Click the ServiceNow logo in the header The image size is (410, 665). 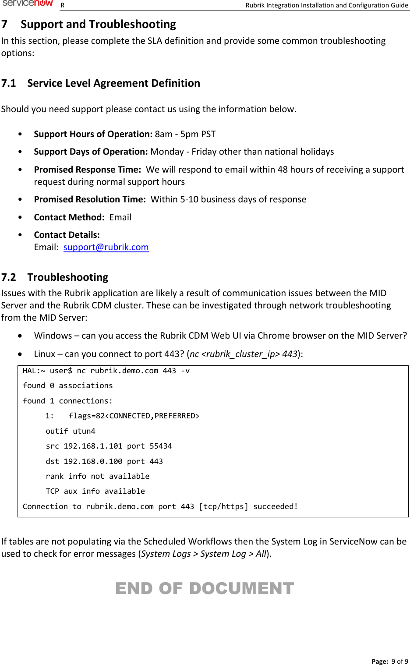pyautogui.click(x=28, y=4)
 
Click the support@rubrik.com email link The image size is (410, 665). pyautogui.click(x=106, y=247)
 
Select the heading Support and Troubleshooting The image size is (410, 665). pyautogui.click(x=98, y=24)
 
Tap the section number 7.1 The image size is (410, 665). pyautogui.click(x=8, y=83)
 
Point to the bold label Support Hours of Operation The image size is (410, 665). pyautogui.click(x=93, y=134)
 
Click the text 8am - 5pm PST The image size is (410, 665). pyautogui.click(x=185, y=134)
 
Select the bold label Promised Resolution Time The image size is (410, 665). pyautogui.click(x=90, y=199)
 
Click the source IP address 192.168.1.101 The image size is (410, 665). pyautogui.click(x=93, y=446)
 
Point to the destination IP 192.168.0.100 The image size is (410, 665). pyautogui.click(x=93, y=461)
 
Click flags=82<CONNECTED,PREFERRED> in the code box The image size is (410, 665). pyautogui.click(x=134, y=416)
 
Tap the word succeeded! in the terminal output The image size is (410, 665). pyautogui.click(x=276, y=506)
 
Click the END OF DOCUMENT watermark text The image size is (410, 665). pyautogui.click(x=205, y=588)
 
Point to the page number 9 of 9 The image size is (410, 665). pyautogui.click(x=399, y=661)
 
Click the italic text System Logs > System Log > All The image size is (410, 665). pyautogui.click(x=204, y=554)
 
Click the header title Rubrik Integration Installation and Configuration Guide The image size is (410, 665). pyautogui.click(x=326, y=5)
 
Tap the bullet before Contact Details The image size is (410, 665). pyautogui.click(x=20, y=235)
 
